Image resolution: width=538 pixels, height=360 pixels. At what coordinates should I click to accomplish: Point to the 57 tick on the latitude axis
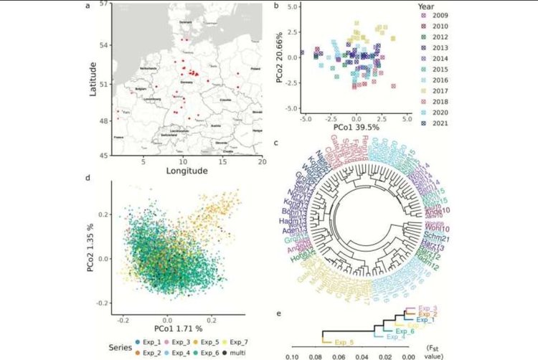pos(104,4)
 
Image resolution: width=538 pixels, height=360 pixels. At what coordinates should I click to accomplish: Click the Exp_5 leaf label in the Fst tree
pos(346,342)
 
